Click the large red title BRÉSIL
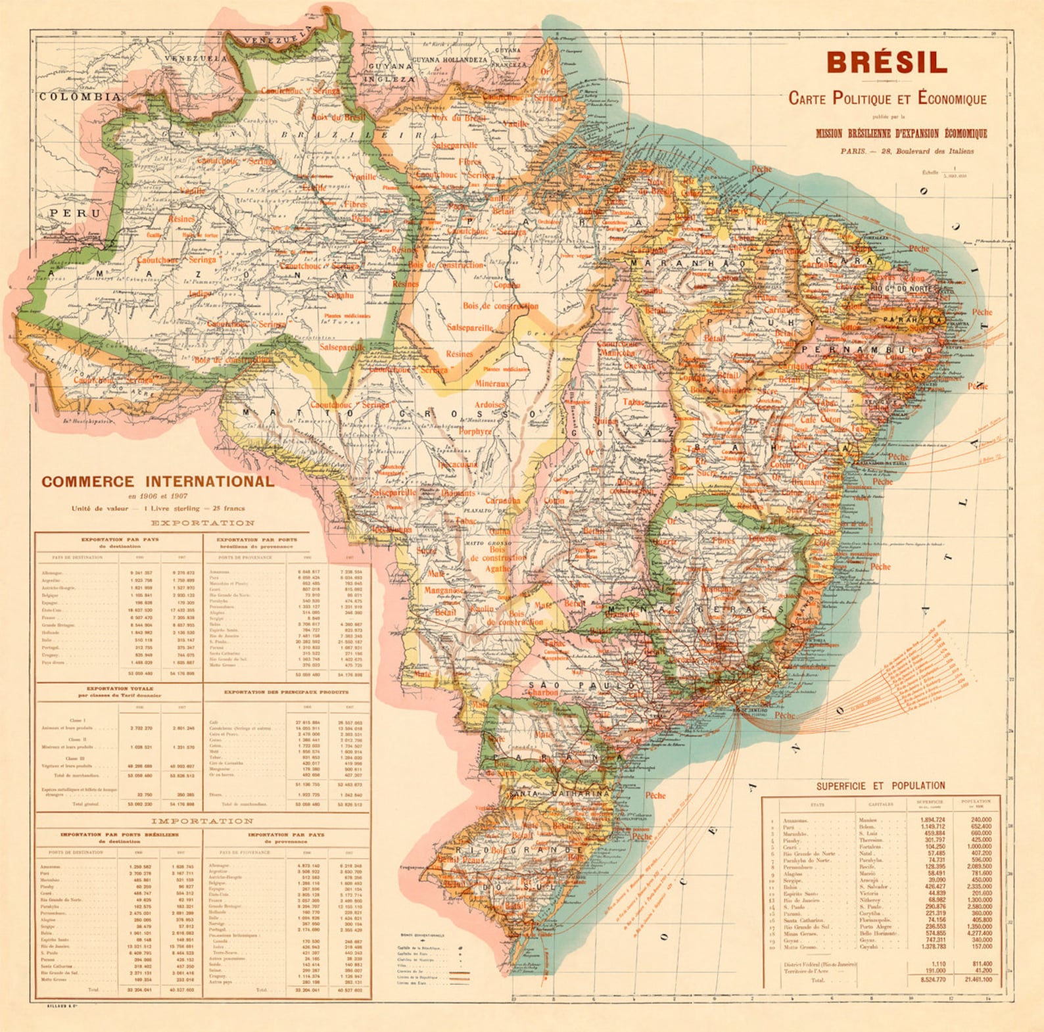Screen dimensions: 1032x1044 pos(887,63)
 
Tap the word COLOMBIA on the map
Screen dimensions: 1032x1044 pos(80,97)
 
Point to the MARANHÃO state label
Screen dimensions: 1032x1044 pos(688,263)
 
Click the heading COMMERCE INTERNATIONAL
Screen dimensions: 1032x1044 pos(158,481)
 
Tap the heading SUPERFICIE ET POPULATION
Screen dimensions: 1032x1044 pos(880,786)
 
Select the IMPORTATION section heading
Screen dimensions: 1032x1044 pos(202,821)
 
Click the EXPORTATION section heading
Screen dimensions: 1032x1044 pos(202,523)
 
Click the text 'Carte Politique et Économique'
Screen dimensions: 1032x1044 pos(887,99)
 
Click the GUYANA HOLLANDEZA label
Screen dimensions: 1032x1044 pos(449,60)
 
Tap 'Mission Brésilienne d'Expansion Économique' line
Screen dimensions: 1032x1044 pos(901,133)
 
